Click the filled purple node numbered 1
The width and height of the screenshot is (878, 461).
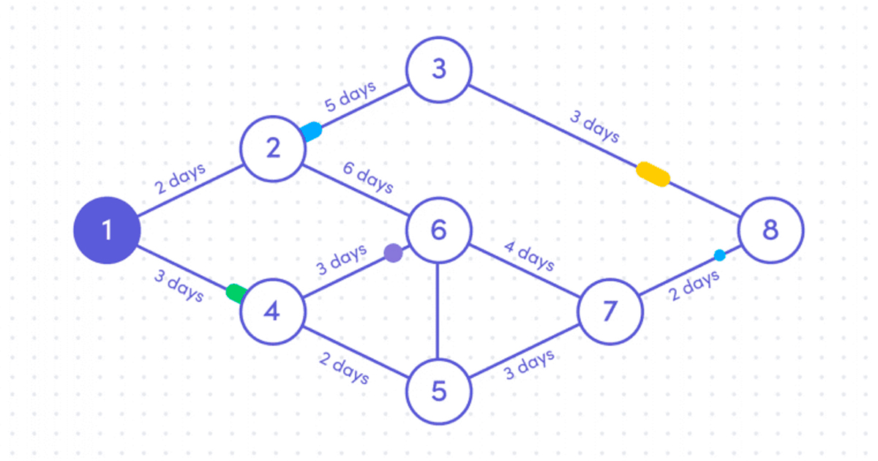106,230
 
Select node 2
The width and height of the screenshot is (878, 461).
274,149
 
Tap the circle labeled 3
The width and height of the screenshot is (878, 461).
439,70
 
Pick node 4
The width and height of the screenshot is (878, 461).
272,312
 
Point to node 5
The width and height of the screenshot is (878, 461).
438,391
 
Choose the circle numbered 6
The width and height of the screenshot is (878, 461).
438,230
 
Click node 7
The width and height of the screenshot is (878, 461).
610,312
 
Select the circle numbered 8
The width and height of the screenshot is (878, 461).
770,230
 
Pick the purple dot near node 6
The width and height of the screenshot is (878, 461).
394,253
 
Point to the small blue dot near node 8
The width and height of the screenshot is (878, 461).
719,255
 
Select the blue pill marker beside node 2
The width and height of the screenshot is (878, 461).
312,131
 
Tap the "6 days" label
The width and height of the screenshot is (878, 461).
367,179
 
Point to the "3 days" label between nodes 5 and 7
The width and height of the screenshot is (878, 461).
528,364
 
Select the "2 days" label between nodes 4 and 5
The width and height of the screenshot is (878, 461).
343,367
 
